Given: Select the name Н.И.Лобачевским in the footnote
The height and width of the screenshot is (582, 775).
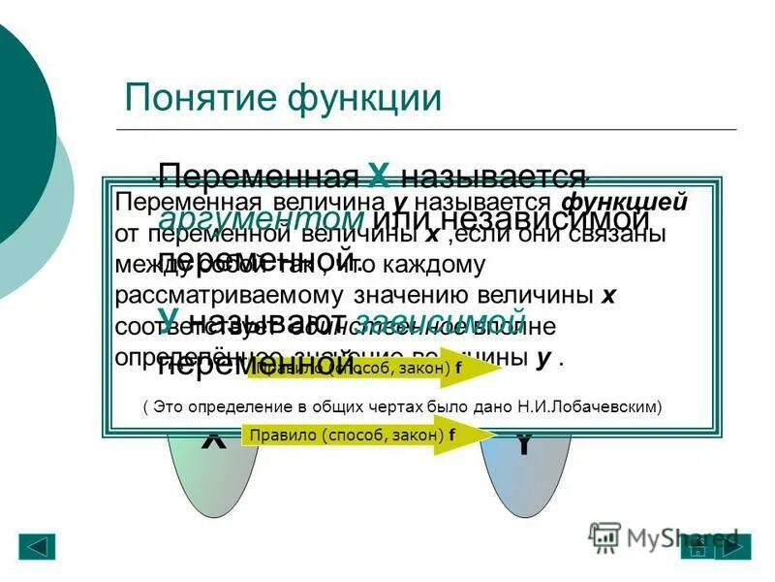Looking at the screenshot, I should pos(585,407).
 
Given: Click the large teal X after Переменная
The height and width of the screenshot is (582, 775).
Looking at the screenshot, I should pos(379,176).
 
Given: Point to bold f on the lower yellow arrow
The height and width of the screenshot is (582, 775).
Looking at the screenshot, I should pos(451,436).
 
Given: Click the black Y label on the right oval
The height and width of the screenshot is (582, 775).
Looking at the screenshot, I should pos(523,445).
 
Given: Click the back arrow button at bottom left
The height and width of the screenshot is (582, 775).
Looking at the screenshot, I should pos(37,546).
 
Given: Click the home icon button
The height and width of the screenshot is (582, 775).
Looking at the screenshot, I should pos(697,546).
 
